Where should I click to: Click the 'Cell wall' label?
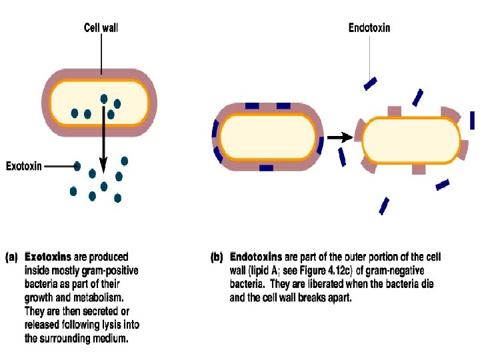point(101,28)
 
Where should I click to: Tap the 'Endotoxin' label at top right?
point(369,28)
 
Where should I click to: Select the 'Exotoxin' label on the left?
point(24,166)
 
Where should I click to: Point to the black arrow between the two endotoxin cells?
point(340,137)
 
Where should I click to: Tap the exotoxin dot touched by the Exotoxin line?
point(78,166)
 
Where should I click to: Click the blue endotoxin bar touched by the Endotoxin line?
point(370,83)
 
